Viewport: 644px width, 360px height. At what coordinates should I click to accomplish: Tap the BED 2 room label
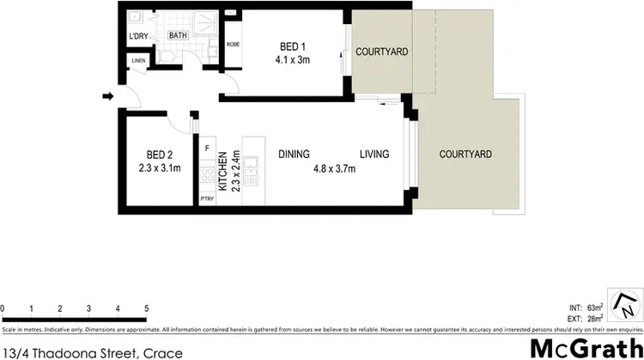tap(159, 156)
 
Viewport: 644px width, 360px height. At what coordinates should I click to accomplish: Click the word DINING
tap(295, 155)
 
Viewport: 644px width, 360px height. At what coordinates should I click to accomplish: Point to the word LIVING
tap(374, 155)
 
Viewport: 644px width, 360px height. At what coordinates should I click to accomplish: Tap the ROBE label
tap(232, 44)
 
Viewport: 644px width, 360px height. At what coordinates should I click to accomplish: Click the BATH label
tap(178, 35)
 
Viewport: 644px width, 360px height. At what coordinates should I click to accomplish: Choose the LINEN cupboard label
tap(138, 61)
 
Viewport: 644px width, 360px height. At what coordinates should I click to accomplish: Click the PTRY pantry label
tap(206, 198)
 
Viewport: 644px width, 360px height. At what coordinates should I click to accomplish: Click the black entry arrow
tap(106, 96)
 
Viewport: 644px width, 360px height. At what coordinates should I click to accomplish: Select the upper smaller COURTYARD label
tap(382, 52)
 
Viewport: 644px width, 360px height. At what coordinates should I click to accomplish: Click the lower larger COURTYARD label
tap(465, 155)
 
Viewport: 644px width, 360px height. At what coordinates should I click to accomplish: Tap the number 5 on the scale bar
tap(147, 308)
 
